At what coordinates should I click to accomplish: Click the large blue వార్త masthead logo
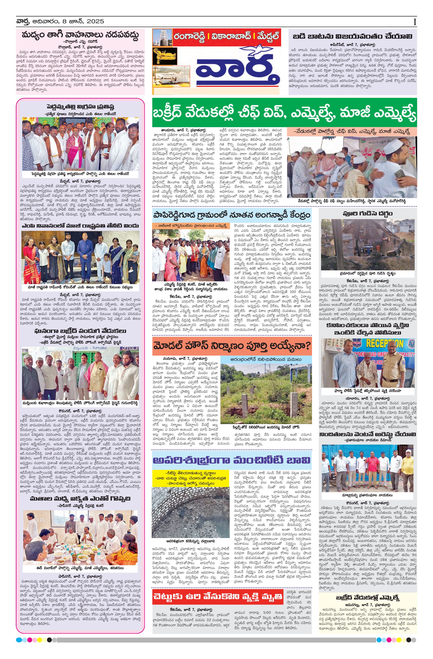tap(237, 69)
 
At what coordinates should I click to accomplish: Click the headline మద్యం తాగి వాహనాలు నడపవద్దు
tap(80, 35)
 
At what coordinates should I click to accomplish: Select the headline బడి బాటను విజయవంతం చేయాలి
tap(352, 36)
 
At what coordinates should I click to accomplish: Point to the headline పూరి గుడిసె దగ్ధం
tap(367, 214)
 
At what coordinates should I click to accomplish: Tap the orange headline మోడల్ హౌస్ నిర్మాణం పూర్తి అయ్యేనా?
tap(232, 346)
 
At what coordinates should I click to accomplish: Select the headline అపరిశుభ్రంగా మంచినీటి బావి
tap(232, 460)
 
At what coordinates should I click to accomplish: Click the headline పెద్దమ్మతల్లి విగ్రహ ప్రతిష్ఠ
tap(80, 107)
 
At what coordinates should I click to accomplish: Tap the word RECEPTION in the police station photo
tap(384, 344)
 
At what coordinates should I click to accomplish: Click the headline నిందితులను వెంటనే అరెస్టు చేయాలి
tap(367, 434)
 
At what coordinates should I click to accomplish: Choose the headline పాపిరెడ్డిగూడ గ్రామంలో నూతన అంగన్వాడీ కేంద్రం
tap(232, 215)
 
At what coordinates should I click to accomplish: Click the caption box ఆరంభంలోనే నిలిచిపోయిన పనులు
tap(266, 359)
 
